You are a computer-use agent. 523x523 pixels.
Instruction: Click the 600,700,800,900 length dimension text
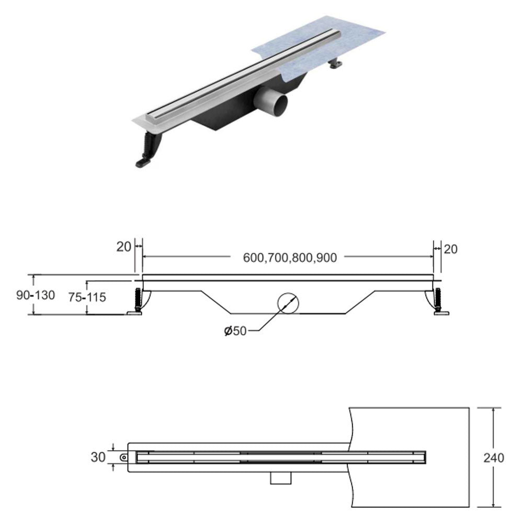(290, 257)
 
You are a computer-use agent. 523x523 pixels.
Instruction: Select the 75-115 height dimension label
(87, 297)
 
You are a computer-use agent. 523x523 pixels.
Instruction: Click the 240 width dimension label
(494, 458)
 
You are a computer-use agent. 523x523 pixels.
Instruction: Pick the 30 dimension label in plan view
(98, 457)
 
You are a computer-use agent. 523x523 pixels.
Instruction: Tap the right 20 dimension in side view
(450, 249)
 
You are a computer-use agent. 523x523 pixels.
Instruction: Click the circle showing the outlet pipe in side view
(288, 303)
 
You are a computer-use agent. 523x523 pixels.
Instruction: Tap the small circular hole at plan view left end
(123, 457)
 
